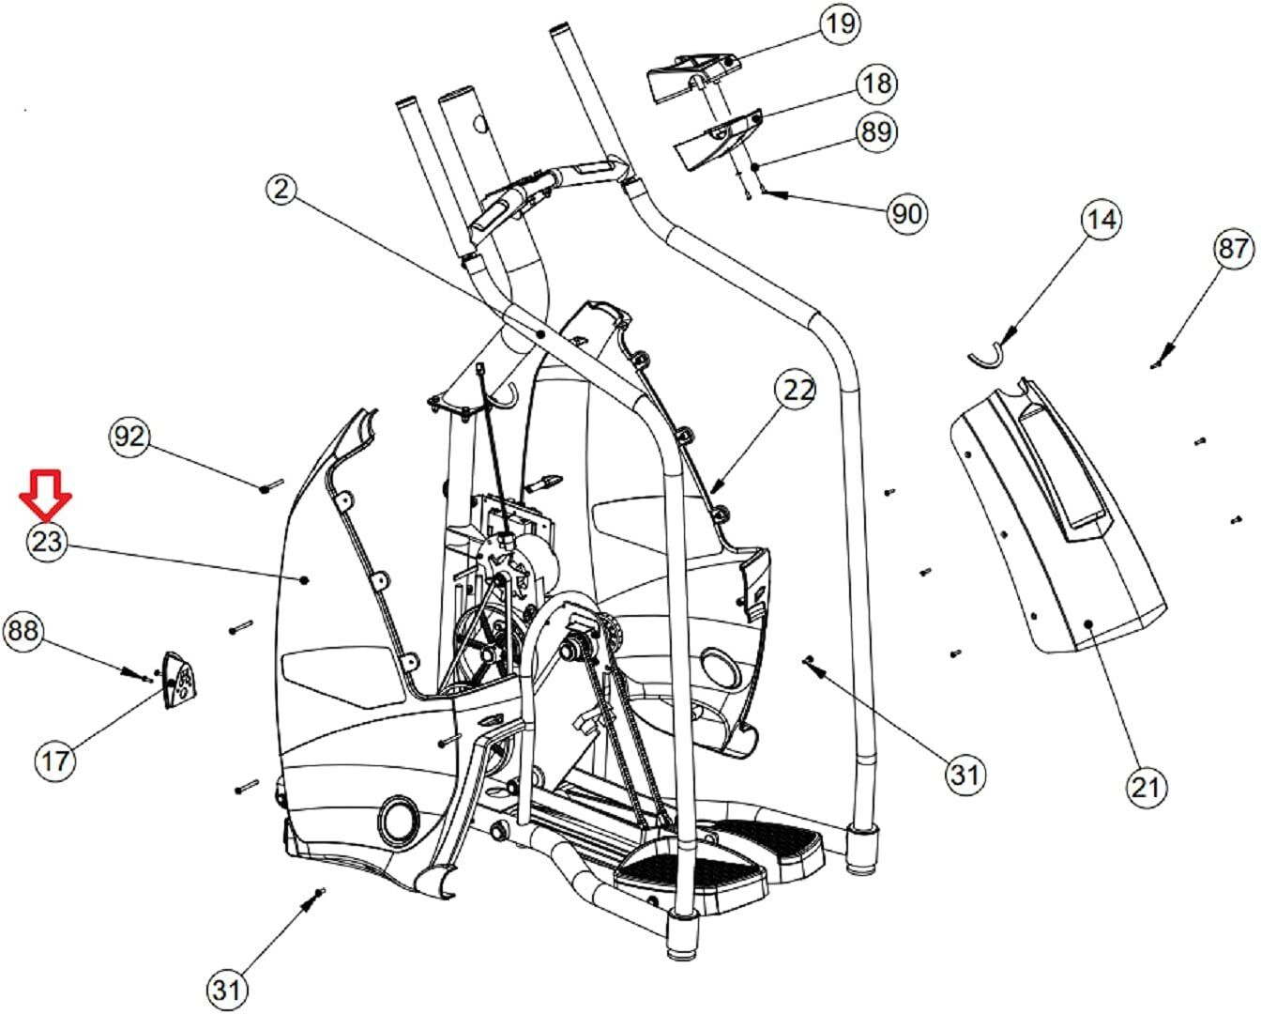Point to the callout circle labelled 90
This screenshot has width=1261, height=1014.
pyautogui.click(x=906, y=213)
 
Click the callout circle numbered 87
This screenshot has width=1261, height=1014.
pyautogui.click(x=1232, y=250)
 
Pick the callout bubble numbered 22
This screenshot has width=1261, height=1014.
pyautogui.click(x=796, y=390)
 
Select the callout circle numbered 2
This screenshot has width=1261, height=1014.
pyautogui.click(x=281, y=190)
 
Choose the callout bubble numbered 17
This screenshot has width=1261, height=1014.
pyautogui.click(x=55, y=759)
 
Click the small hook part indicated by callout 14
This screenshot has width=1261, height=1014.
pyautogui.click(x=985, y=355)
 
